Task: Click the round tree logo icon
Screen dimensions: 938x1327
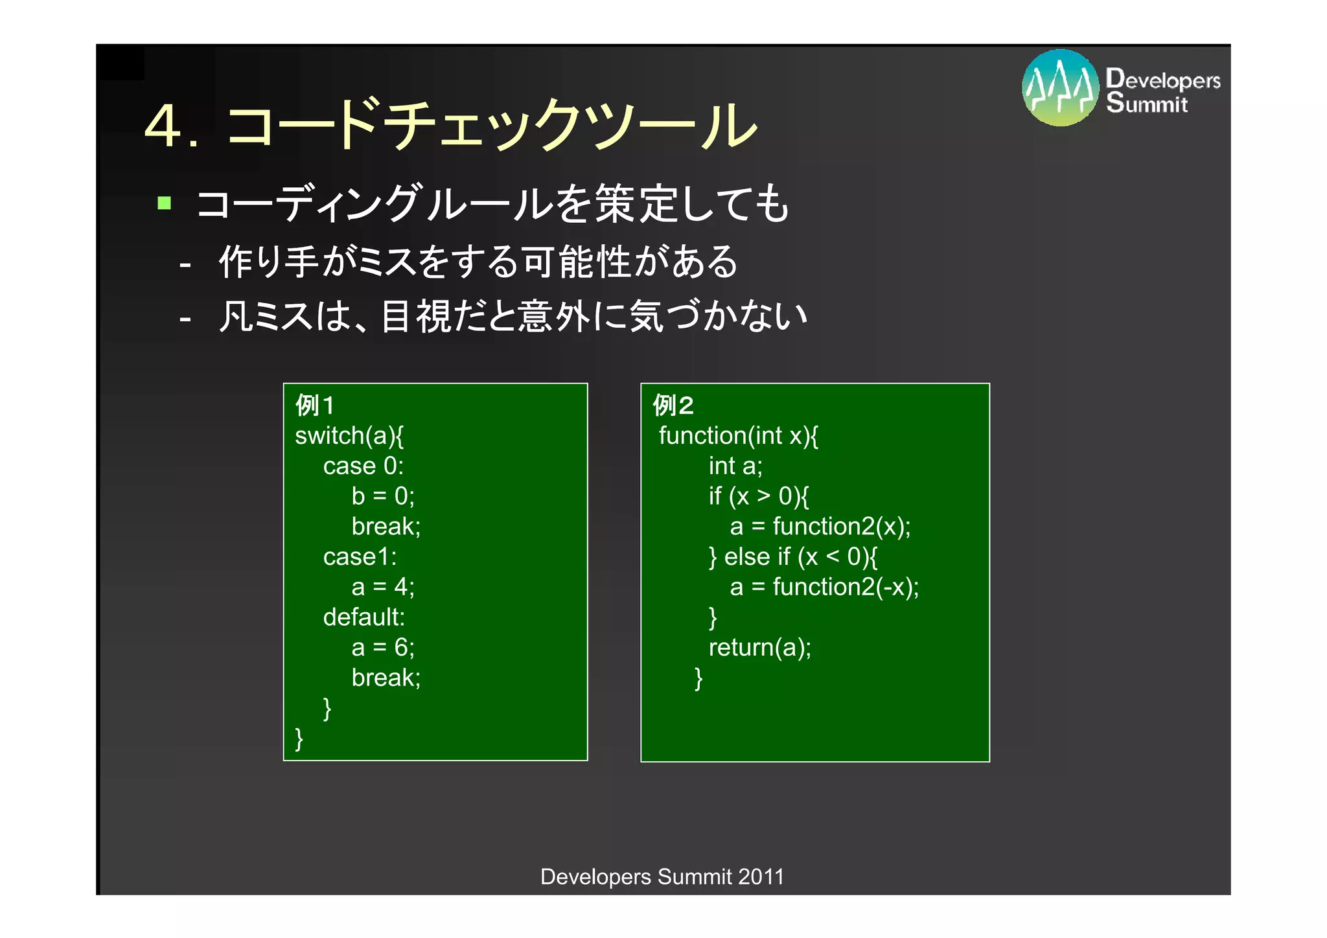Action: point(1060,87)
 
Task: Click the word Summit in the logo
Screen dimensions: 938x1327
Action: point(1147,104)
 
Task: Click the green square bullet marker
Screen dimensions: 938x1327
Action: point(165,203)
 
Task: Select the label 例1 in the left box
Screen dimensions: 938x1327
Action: point(315,406)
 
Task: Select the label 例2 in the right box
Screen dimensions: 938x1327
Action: point(673,406)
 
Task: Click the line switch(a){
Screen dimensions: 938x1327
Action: point(349,436)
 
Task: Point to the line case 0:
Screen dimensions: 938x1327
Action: point(363,466)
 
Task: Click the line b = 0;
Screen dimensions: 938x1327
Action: point(383,496)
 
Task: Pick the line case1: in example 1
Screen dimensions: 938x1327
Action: point(360,557)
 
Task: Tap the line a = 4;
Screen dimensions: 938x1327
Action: point(383,587)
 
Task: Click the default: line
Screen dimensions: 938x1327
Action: point(363,617)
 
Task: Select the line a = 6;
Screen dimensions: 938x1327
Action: point(383,647)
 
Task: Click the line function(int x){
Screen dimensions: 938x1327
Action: point(739,436)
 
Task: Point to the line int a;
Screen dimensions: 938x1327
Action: point(735,466)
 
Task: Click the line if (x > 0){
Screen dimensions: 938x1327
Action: point(759,496)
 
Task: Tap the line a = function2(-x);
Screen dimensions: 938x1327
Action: point(824,587)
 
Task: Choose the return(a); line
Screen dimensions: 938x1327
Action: point(759,647)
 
